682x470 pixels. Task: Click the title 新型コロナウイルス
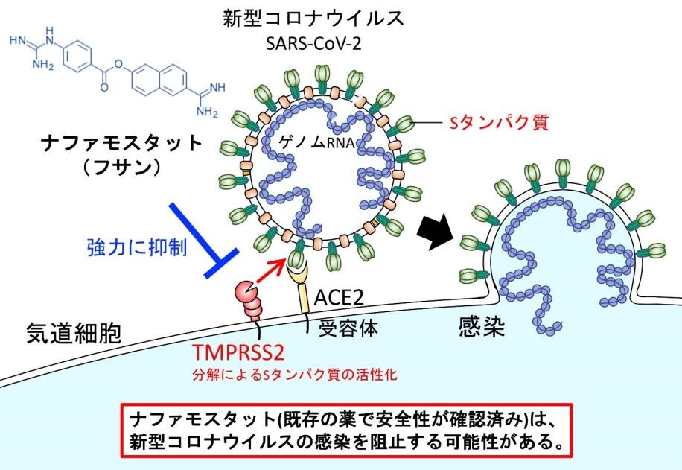[313, 19]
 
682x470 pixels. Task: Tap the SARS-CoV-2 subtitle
[313, 43]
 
